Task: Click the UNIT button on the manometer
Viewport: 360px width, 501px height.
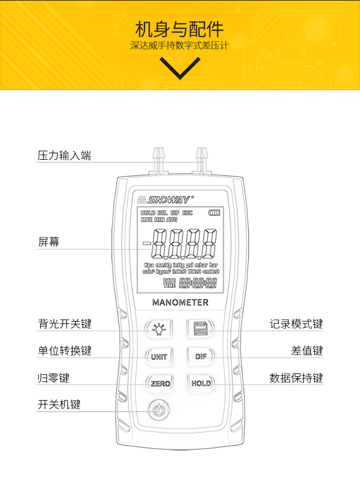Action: (159, 357)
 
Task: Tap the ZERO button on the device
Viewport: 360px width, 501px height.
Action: (160, 383)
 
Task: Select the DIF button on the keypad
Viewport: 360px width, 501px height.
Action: (201, 357)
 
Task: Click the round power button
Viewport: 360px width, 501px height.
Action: (159, 410)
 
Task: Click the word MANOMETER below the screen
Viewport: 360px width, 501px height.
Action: (180, 303)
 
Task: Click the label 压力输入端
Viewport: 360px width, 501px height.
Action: (64, 155)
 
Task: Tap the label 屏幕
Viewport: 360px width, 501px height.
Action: (48, 242)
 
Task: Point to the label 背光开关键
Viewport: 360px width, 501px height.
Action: (64, 324)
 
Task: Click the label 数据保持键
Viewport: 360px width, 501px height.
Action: (296, 378)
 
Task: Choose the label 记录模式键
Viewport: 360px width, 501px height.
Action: (296, 324)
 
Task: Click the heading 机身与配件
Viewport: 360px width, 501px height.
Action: (180, 30)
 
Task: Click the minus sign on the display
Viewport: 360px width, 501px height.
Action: (146, 243)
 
